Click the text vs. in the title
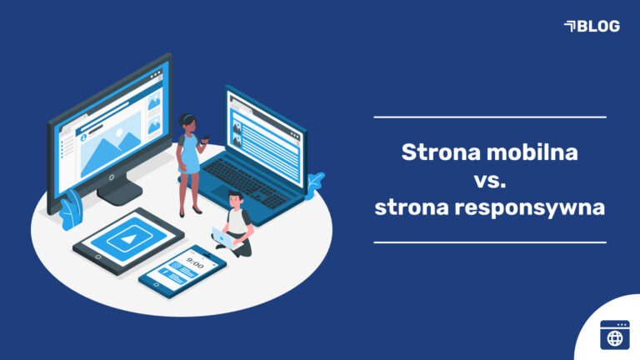click(490, 180)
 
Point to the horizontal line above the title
click(490, 117)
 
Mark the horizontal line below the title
click(490, 242)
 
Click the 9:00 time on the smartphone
click(195, 262)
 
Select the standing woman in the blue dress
click(190, 162)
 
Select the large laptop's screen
click(264, 133)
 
